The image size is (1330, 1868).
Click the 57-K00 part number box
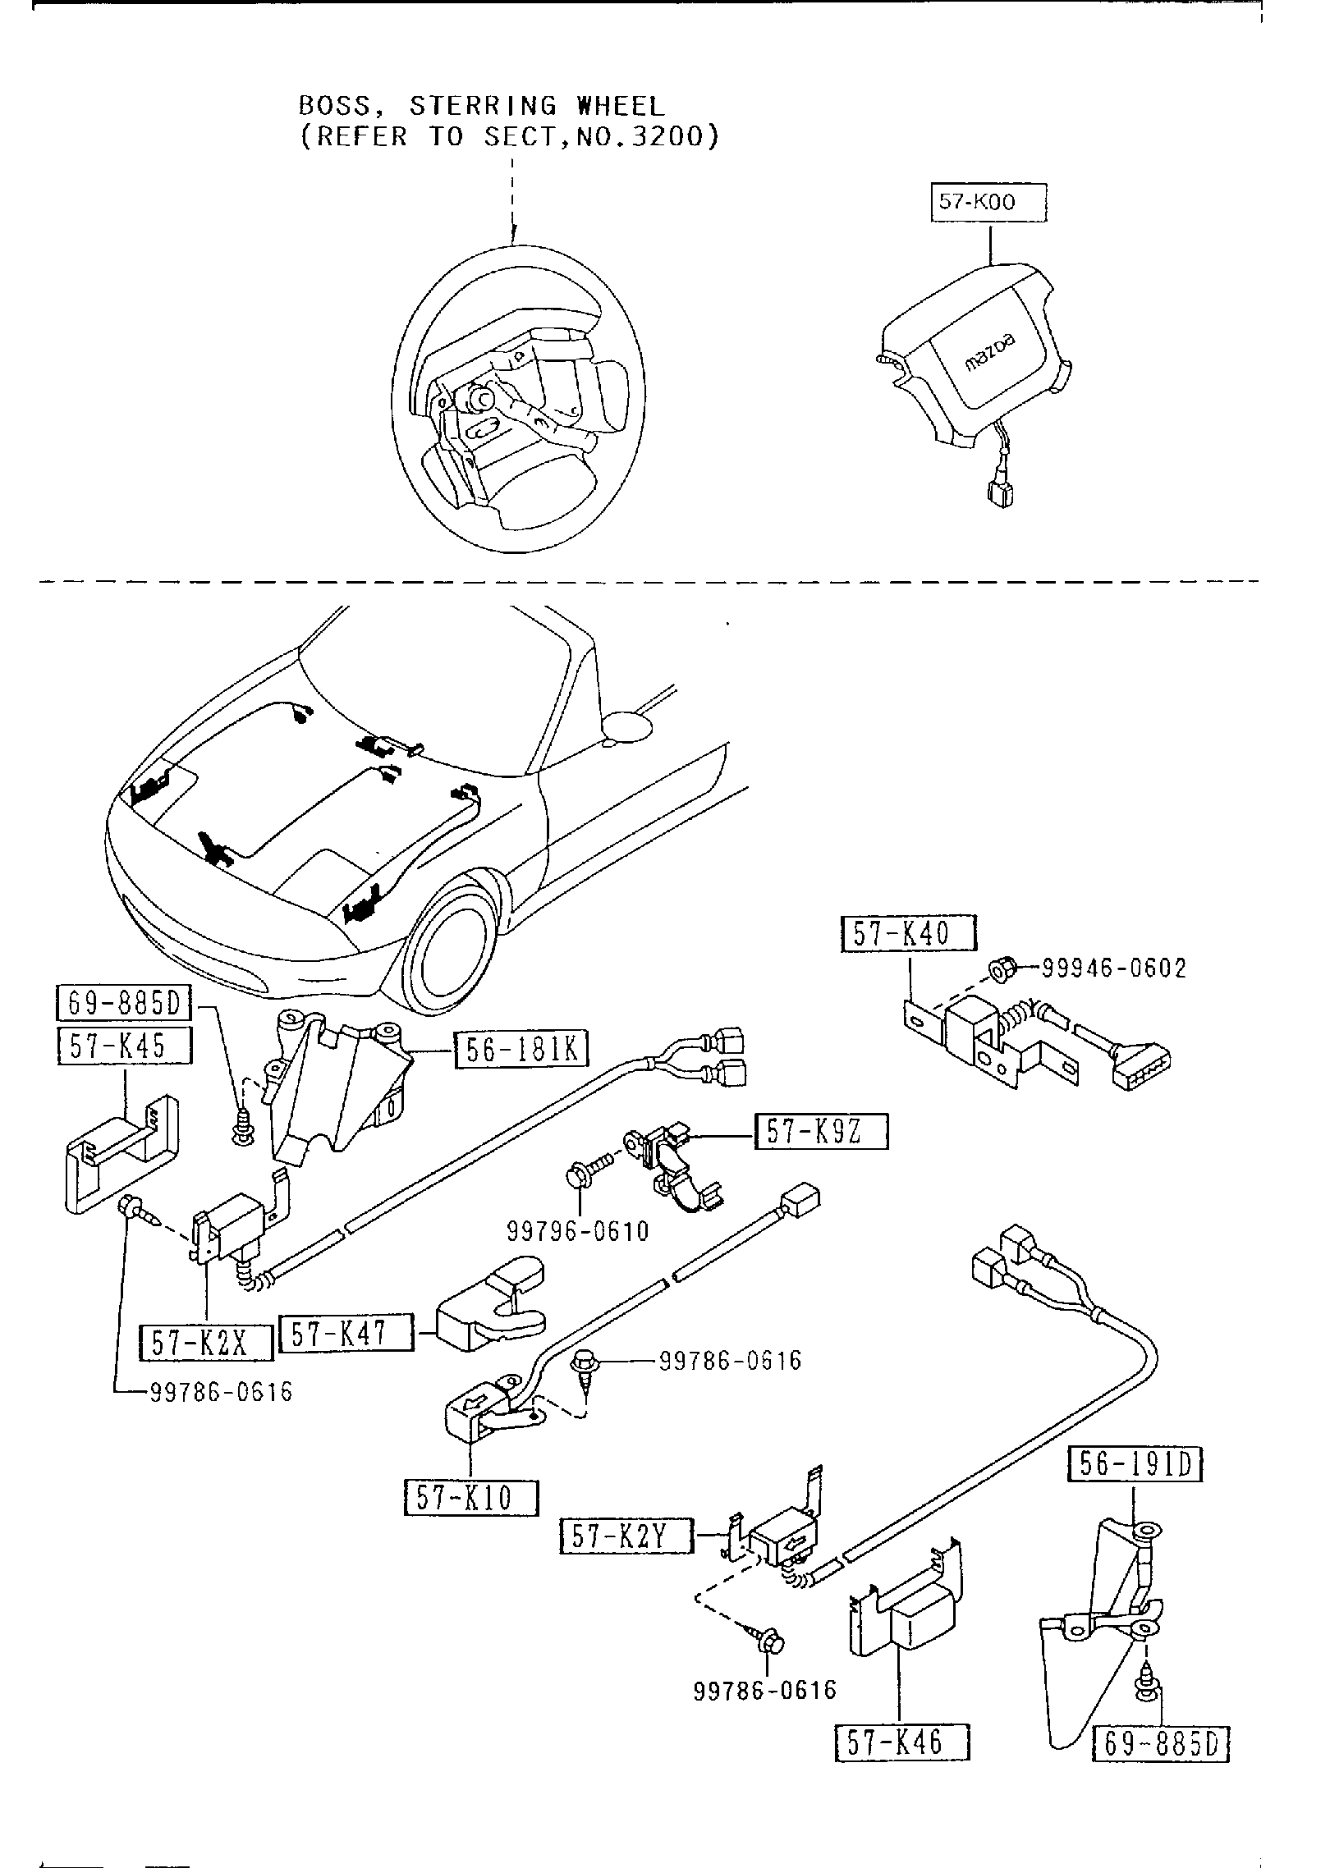coord(989,203)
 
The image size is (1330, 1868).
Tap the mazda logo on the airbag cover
coord(989,351)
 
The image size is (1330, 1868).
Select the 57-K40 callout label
coord(909,934)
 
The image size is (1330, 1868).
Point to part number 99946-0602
coord(1114,969)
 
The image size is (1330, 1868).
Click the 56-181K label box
coord(521,1050)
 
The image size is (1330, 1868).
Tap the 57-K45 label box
coord(125,1046)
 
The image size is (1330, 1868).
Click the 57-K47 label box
coord(346,1334)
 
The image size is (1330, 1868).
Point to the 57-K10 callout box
coord(471,1498)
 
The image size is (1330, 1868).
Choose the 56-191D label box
coord(1135,1464)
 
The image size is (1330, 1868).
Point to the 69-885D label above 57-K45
coord(124,1003)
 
